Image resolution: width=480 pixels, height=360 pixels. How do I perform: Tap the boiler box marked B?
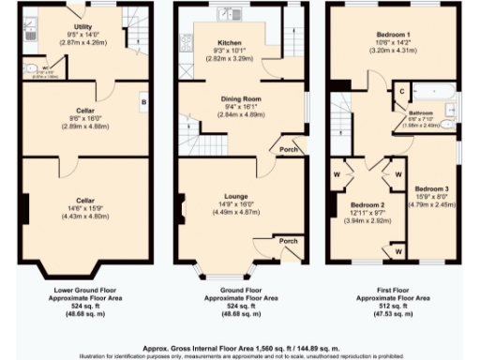coord(143,101)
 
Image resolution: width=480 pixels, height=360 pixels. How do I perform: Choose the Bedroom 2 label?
coord(367,203)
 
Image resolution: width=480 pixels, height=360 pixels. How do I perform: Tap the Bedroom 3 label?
coord(432,187)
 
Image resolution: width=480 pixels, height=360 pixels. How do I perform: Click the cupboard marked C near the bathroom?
coord(401,91)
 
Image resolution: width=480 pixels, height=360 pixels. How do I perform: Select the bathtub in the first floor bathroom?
coord(434,92)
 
